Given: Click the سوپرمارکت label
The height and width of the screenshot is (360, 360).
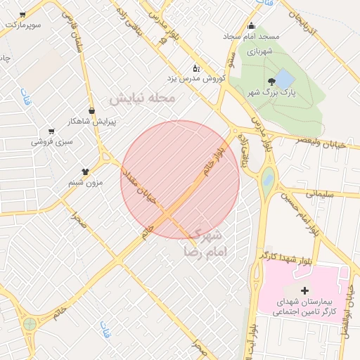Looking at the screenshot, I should coord(22,25).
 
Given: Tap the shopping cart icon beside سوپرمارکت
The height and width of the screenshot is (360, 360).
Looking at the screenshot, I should coord(22,15).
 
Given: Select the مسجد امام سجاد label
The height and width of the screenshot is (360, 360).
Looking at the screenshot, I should coord(251,36).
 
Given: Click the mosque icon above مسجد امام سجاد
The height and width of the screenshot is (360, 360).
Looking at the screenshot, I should coord(251,27).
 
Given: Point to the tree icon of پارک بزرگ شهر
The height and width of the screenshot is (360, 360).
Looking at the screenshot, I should coord(272,82).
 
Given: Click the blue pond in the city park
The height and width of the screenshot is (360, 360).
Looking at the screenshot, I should coord(283,78).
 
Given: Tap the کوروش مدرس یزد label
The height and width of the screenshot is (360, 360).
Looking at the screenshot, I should coord(195,78).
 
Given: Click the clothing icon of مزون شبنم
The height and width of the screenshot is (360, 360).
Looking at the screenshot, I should coord(86,171).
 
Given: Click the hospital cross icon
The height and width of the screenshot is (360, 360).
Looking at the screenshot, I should coord(304,290).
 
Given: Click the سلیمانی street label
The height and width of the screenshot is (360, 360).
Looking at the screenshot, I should coord(323,191).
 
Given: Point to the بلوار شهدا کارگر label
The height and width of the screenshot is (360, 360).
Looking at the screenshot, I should coord(284,255).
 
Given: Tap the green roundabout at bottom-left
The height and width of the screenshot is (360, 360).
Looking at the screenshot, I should coord(30,324).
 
